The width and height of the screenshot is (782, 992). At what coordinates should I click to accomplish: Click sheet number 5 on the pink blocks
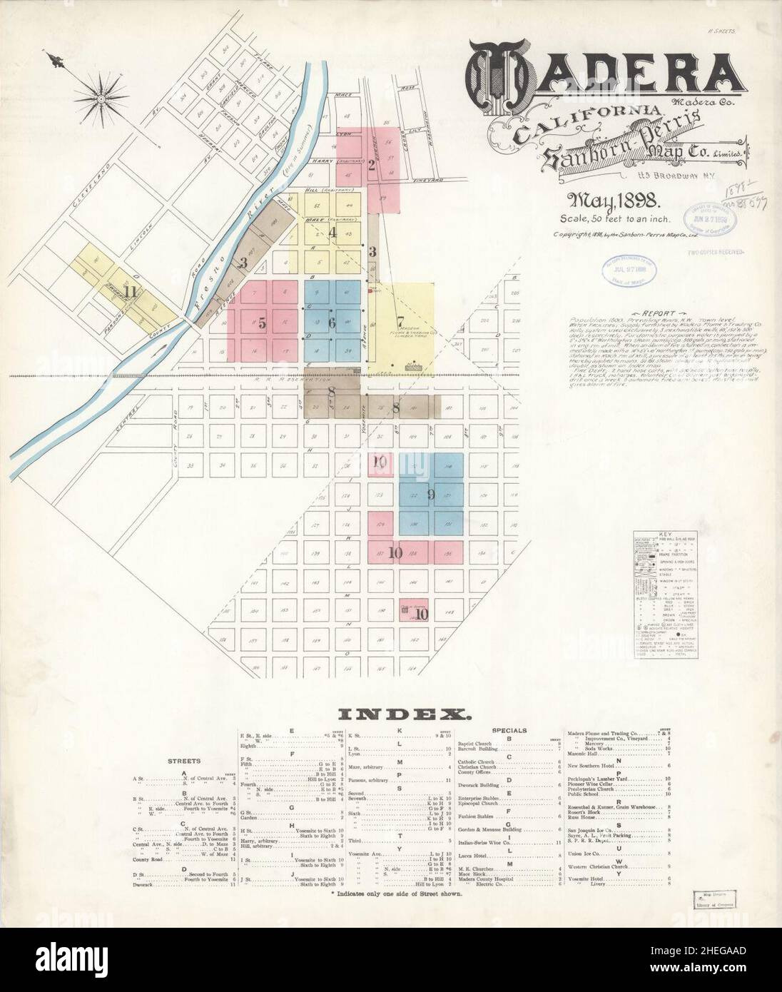click(263, 323)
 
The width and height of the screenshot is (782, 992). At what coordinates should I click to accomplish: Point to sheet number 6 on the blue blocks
click(332, 323)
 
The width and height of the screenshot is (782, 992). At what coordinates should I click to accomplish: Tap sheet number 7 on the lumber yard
click(400, 320)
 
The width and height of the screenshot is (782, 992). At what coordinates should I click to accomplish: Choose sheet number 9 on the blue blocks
click(430, 493)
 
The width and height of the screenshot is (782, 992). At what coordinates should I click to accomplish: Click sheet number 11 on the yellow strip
click(129, 291)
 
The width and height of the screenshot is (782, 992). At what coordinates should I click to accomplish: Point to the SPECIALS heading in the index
click(511, 730)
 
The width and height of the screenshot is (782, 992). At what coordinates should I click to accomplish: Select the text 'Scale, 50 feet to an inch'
click(614, 219)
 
